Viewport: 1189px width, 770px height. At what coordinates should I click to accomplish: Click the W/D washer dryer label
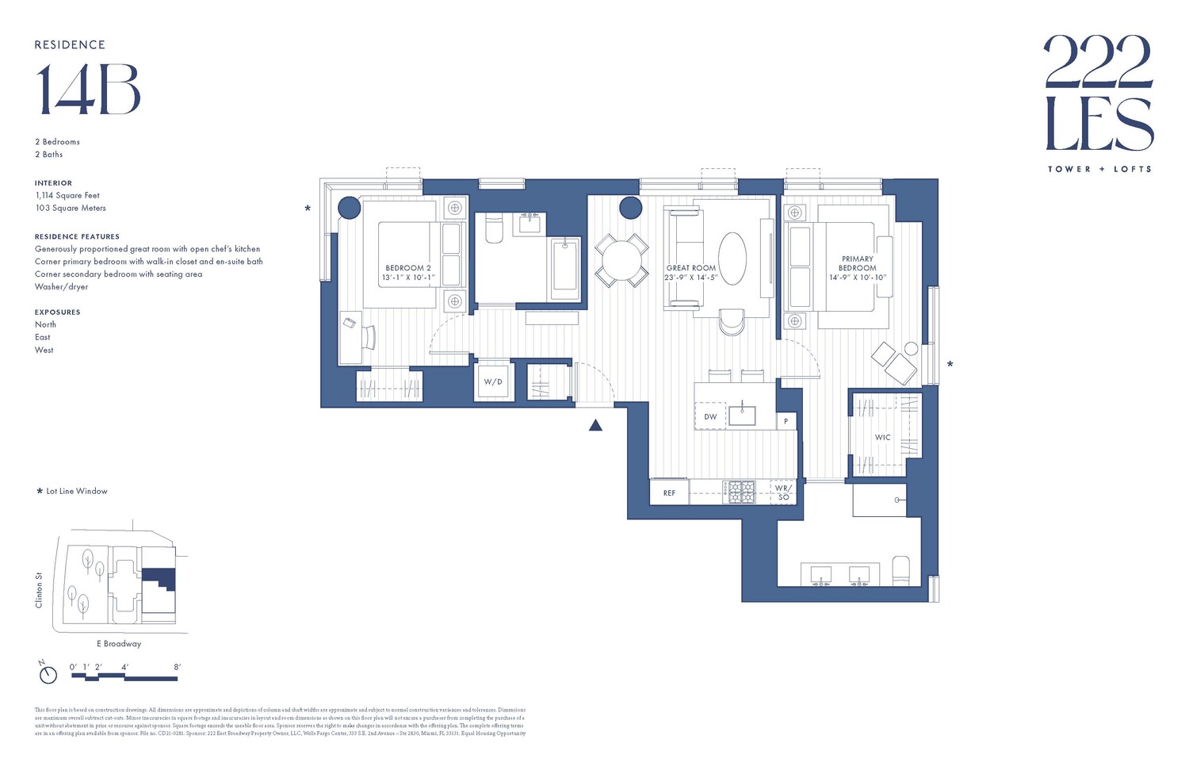tap(493, 381)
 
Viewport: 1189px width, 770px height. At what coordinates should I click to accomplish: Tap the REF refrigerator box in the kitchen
tap(669, 492)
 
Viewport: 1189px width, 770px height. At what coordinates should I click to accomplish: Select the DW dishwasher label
tap(710, 416)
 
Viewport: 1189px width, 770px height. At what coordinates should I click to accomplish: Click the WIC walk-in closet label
tap(882, 437)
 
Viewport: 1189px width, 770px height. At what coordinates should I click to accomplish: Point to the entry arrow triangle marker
tap(595, 426)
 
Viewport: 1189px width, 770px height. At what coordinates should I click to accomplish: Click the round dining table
tap(621, 259)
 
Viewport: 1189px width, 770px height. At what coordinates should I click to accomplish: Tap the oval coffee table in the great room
tap(732, 259)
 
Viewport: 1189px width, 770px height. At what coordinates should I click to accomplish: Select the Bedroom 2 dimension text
tap(408, 278)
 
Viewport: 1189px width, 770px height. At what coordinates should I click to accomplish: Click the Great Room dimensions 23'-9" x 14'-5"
tap(690, 278)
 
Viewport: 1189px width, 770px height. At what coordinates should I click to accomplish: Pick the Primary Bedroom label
tap(858, 263)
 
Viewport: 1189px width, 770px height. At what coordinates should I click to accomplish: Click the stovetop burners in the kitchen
tap(742, 492)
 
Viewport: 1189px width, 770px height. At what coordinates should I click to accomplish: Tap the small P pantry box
tap(786, 421)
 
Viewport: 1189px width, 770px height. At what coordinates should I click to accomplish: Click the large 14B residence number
tap(88, 89)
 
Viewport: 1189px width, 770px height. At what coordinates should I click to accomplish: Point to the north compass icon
tap(48, 673)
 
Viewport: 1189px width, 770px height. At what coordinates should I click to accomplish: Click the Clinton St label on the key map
tap(39, 590)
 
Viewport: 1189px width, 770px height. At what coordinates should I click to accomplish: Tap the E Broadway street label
tap(119, 644)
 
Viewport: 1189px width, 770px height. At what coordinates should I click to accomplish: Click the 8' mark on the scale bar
tap(177, 667)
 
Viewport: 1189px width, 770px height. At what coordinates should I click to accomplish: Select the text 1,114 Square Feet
tap(67, 195)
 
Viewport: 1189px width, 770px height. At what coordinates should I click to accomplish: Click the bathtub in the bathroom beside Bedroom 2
tap(565, 266)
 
